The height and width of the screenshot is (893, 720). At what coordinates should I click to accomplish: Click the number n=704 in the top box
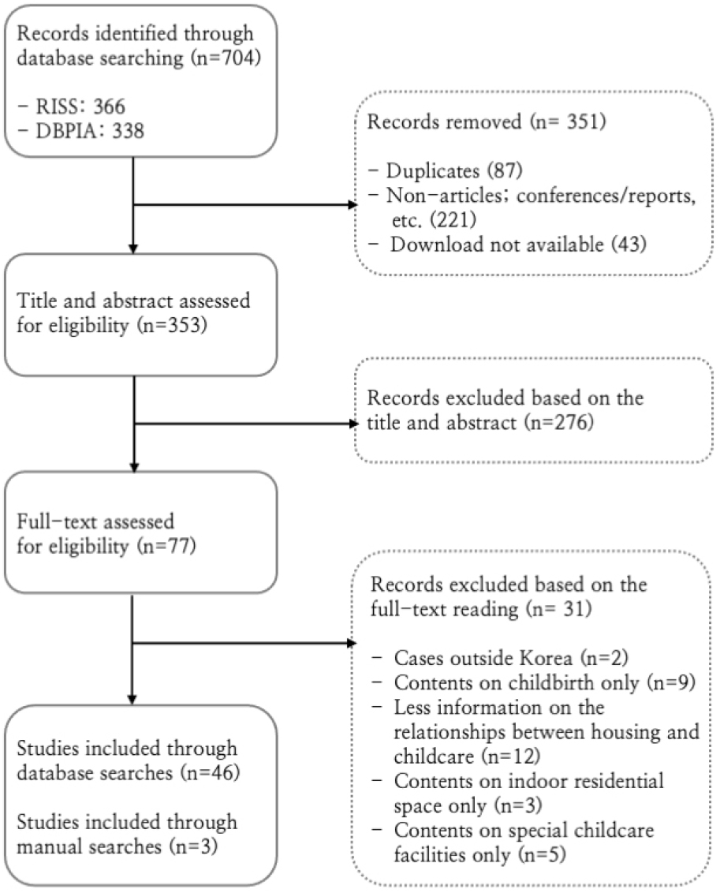click(227, 58)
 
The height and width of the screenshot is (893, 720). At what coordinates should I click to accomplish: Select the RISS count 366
click(110, 106)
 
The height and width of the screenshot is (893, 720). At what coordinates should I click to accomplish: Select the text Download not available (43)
click(518, 245)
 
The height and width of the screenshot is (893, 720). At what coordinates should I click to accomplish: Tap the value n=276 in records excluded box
click(559, 423)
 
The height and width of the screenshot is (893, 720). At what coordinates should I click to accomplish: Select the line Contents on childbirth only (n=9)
click(545, 683)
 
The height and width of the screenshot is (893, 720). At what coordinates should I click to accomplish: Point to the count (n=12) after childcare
click(510, 757)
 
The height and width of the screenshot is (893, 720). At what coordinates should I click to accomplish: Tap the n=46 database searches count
click(210, 773)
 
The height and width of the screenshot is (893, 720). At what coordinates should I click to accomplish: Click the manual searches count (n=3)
click(193, 847)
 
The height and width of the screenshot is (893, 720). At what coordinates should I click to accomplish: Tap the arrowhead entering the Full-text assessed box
click(134, 467)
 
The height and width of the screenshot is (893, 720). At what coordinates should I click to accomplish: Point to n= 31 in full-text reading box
click(559, 609)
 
